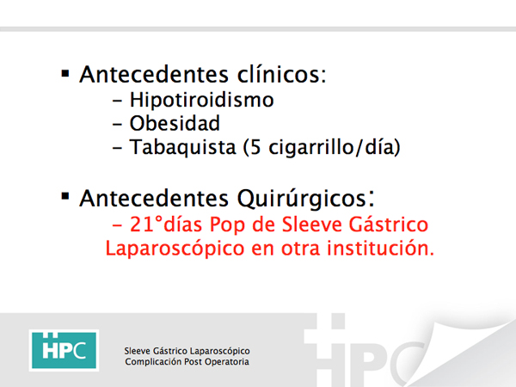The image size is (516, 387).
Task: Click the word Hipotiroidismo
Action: (x=201, y=100)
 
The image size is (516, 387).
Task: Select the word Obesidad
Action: (x=175, y=123)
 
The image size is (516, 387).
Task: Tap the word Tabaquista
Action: (x=182, y=147)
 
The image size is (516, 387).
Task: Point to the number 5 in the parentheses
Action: (x=255, y=147)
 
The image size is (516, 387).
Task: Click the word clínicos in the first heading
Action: (x=282, y=74)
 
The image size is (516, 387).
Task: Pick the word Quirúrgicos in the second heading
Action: (x=305, y=199)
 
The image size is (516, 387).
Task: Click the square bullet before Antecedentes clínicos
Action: (x=65, y=74)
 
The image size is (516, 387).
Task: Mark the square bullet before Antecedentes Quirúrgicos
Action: (x=65, y=196)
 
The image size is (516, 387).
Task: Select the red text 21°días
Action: (x=166, y=224)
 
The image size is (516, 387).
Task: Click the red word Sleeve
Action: (x=311, y=224)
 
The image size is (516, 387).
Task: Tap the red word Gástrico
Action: (x=389, y=224)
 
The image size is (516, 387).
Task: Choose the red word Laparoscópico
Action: (x=175, y=249)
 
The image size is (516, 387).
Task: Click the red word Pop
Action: (x=227, y=225)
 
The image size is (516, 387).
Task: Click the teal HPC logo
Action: (x=64, y=351)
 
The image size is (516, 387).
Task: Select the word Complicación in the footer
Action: (x=153, y=362)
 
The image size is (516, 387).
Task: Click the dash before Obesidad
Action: (x=117, y=125)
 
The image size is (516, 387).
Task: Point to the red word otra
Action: (x=300, y=249)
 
